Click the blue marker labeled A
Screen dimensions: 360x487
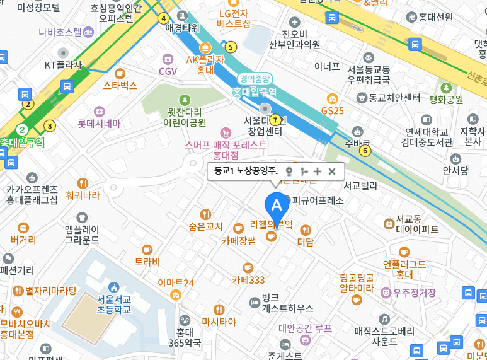pyautogui.click(x=275, y=204)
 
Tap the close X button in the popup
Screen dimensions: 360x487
pyautogui.click(x=332, y=171)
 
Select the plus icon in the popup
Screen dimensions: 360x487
pyautogui.click(x=318, y=171)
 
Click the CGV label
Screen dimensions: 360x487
pyautogui.click(x=168, y=71)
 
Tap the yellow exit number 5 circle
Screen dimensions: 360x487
pyautogui.click(x=231, y=46)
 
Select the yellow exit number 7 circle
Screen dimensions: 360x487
pyautogui.click(x=275, y=120)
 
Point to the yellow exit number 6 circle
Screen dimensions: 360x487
pyautogui.click(x=365, y=150)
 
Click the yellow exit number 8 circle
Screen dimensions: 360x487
pyautogui.click(x=50, y=125)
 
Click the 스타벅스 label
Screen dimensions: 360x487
pyautogui.click(x=120, y=85)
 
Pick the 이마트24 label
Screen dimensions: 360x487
pyautogui.click(x=176, y=282)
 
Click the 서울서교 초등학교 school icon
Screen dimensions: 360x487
pyautogui.click(x=114, y=287)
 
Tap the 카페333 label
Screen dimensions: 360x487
pyautogui.click(x=248, y=280)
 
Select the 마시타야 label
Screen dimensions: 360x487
pyautogui.click(x=219, y=322)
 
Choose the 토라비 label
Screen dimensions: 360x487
pyautogui.click(x=147, y=262)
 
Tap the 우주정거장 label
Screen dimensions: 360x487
pyautogui.click(x=414, y=293)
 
